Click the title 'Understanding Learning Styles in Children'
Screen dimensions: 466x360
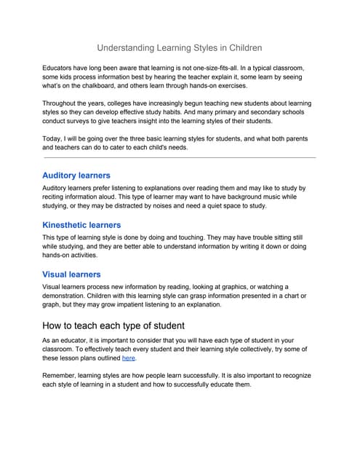(x=180, y=48)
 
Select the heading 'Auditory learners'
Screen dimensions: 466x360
(x=76, y=175)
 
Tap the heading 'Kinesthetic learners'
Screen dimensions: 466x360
(x=81, y=225)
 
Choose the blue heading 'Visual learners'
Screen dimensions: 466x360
(x=71, y=275)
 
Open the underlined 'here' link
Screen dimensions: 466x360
(x=128, y=358)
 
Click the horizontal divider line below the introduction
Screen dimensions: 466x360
(x=180, y=157)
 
